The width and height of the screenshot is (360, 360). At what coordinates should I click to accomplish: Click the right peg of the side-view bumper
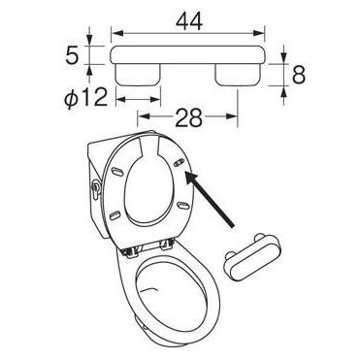pos(237,76)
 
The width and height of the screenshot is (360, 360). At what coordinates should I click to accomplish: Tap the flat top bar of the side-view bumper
pos(189,55)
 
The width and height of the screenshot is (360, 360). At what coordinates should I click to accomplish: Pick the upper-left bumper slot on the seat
pos(117,172)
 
